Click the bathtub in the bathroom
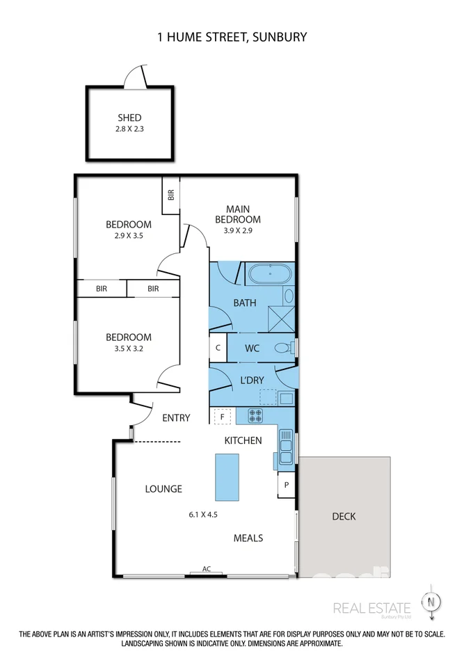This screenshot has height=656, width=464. point(270,274)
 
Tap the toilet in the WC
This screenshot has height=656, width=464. point(285,348)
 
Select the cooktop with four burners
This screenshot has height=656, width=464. point(255,415)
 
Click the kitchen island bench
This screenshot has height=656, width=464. point(227,477)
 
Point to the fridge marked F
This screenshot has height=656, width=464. point(222,417)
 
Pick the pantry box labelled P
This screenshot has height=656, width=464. point(287,485)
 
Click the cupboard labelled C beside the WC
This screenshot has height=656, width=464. point(218,348)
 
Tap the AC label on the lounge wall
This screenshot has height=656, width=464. point(207,569)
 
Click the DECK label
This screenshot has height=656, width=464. point(344,516)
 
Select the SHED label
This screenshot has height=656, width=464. point(129,118)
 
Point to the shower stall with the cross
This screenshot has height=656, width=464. point(282,319)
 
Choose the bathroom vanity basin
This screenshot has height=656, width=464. point(289,296)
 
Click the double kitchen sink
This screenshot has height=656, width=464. point(286,447)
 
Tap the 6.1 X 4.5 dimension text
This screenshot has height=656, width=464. point(203,515)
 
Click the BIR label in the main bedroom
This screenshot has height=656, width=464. point(170,195)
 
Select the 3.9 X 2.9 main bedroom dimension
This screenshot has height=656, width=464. point(238,230)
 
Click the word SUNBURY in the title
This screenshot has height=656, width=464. point(280,37)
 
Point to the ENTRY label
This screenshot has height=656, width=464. point(176,417)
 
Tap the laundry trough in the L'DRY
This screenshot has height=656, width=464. point(287,398)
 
